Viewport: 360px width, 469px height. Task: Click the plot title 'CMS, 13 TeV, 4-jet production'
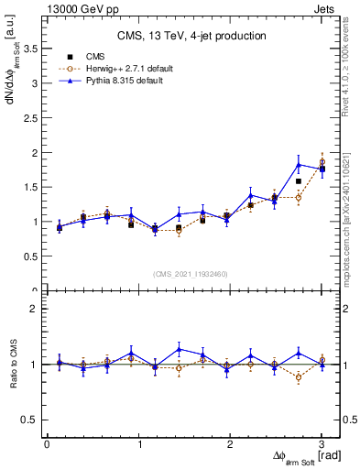pos(192,36)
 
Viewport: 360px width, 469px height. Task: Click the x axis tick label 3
pos(322,444)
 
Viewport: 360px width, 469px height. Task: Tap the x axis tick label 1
pos(139,444)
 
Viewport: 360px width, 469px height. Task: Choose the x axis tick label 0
pos(48,444)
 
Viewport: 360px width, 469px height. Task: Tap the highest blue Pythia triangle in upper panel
pos(299,165)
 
